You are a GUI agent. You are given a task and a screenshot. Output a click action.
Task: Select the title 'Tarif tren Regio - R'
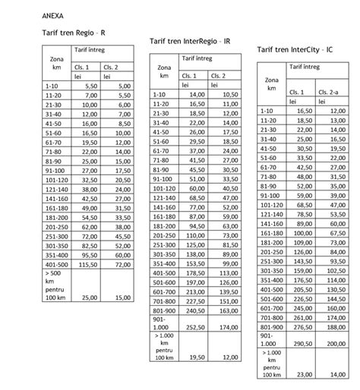(x=73, y=34)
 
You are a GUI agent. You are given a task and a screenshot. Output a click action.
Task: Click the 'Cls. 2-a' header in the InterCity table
(x=331, y=92)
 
